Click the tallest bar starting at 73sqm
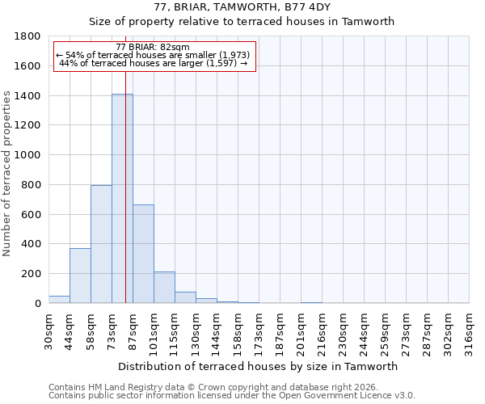[x=122, y=199]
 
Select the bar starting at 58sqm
[x=101, y=244]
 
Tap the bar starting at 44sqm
[x=80, y=276]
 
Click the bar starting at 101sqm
[x=164, y=288]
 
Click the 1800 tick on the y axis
[x=28, y=36]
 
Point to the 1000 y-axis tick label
[x=28, y=155]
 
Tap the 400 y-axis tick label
[x=32, y=244]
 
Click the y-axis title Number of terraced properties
[x=8, y=174]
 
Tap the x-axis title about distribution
[x=258, y=366]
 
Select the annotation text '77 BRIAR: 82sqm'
[x=153, y=47]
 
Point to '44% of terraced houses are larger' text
[x=153, y=63]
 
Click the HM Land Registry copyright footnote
[x=213, y=387]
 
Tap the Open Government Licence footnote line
[x=232, y=396]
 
